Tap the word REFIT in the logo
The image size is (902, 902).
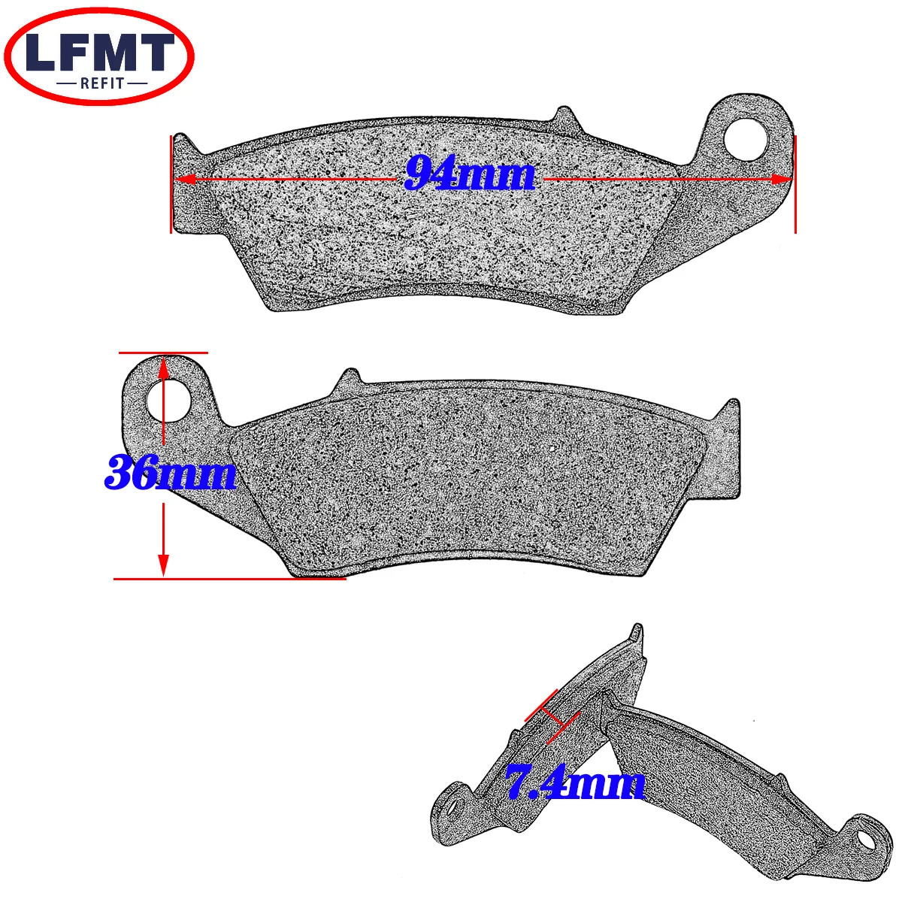pos(100,83)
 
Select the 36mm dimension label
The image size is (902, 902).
pos(171,474)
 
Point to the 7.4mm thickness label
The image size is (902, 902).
pos(575,783)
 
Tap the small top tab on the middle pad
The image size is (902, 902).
pos(348,377)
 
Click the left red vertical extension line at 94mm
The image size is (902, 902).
pos(171,184)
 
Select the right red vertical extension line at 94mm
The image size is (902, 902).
pos(795,184)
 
